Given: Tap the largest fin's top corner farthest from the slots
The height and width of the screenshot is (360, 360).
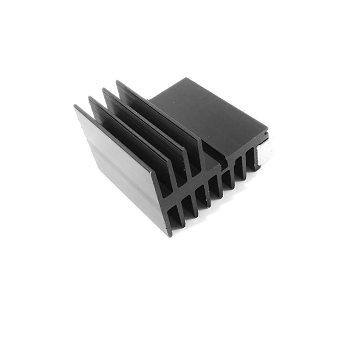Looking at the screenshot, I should point(75,106).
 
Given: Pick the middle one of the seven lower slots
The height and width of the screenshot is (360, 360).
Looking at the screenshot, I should point(214,189).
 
